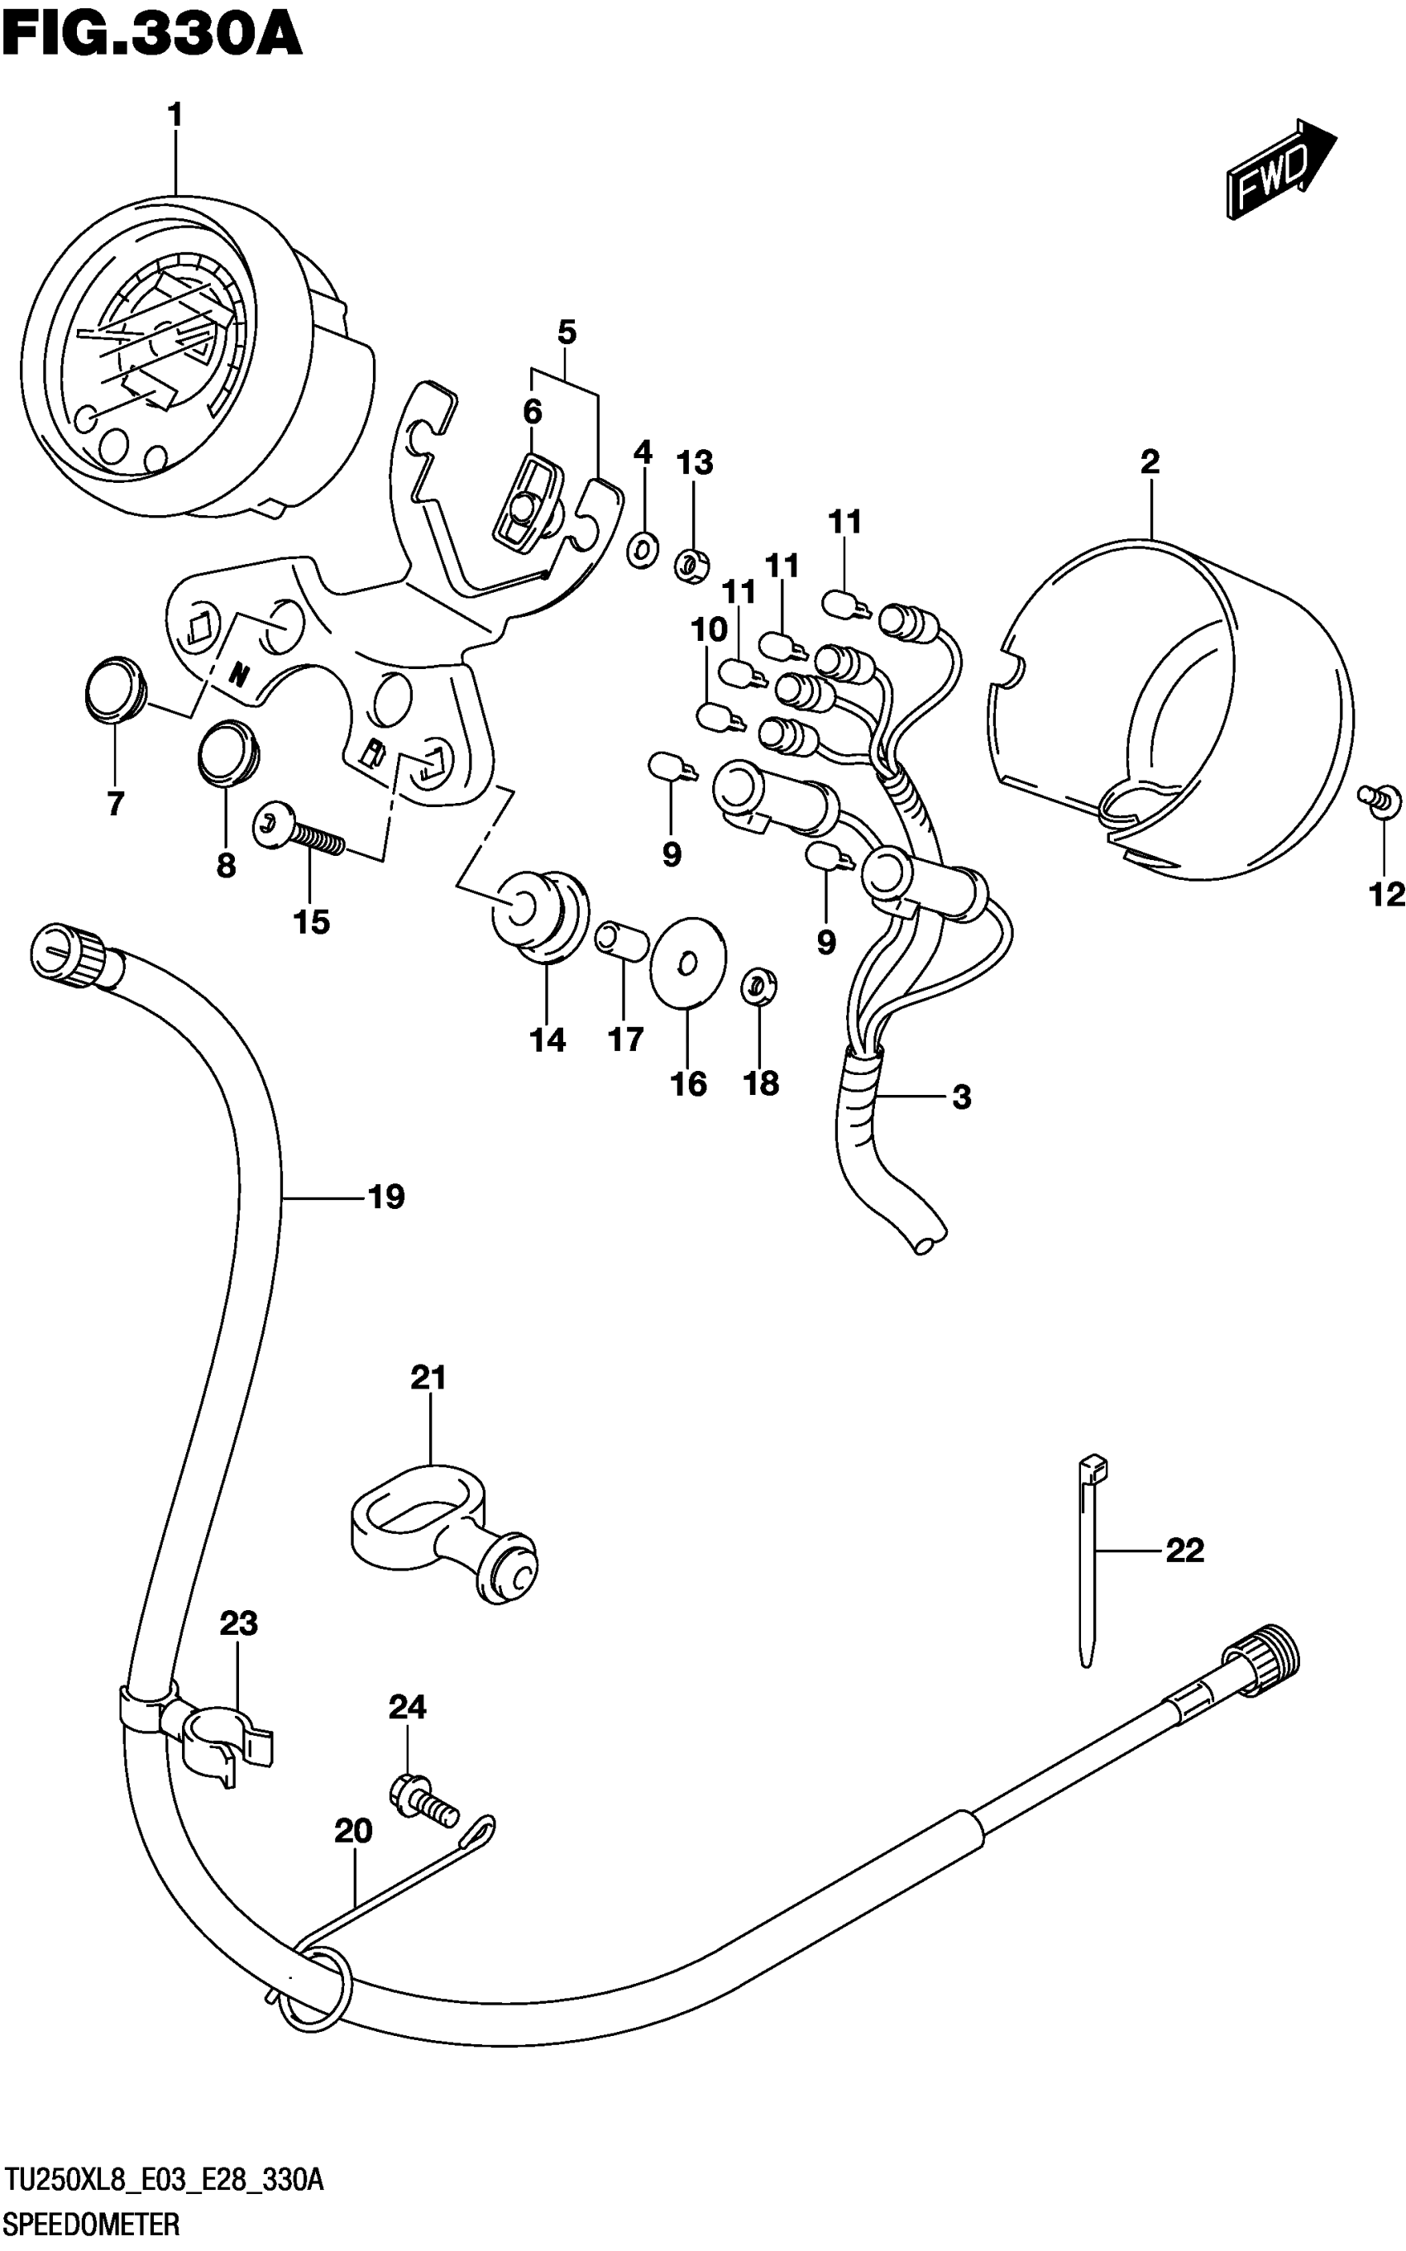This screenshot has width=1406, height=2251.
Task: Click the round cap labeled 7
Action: (115, 688)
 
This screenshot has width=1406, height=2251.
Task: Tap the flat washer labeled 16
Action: (687, 962)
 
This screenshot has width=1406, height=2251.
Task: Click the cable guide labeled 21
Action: (443, 1538)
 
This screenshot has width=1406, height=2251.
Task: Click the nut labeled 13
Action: (692, 563)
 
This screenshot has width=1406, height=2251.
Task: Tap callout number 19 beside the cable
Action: (386, 1197)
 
